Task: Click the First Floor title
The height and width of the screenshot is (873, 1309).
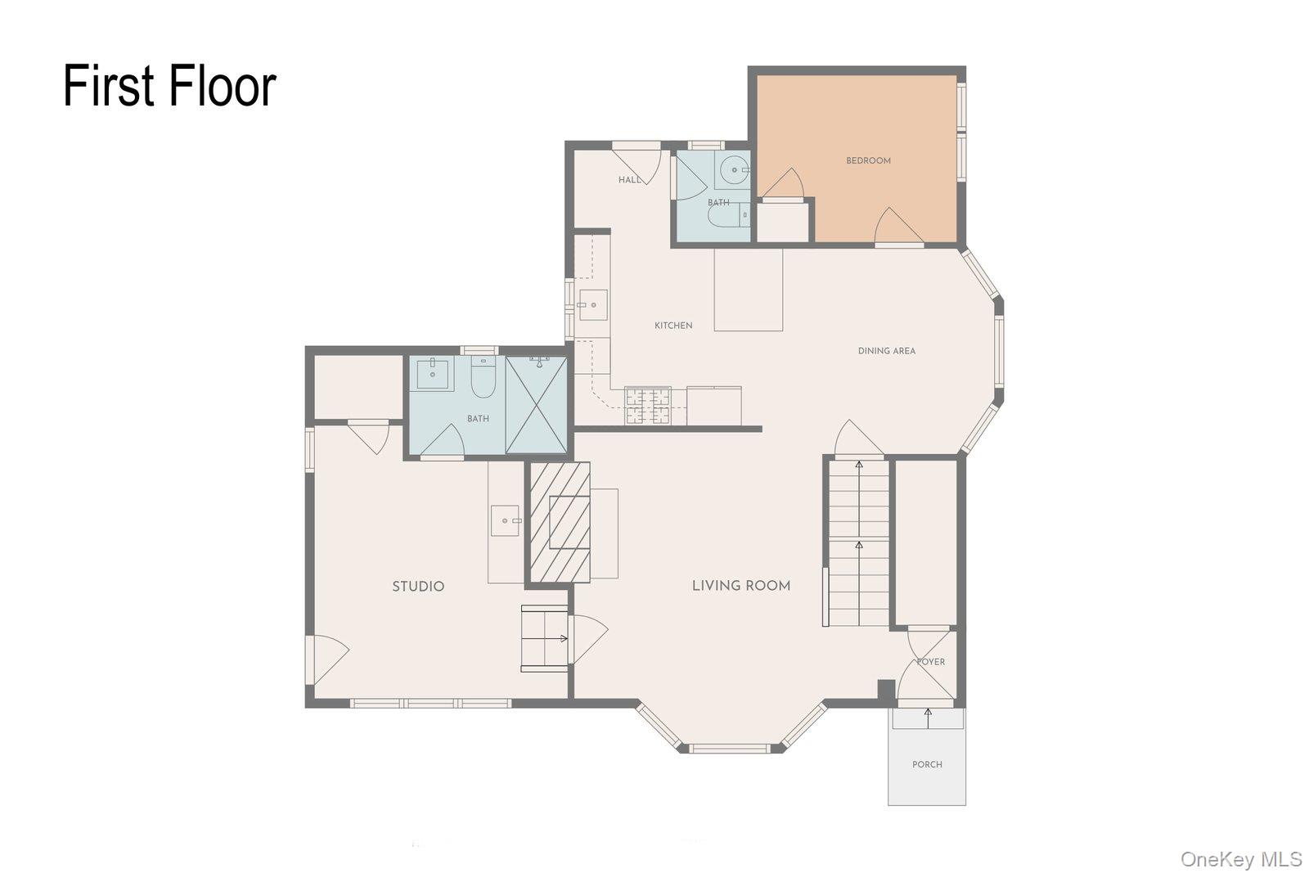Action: point(169,87)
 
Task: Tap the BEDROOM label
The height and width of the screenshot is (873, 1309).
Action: point(868,160)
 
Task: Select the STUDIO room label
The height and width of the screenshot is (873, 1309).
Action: point(418,587)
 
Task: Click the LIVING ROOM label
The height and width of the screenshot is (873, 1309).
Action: point(741,586)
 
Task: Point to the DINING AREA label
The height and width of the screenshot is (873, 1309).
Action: point(887,351)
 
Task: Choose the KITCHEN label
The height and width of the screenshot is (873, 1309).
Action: point(673,326)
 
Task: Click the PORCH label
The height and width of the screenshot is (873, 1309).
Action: point(928,764)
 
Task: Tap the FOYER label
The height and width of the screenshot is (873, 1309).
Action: point(931,662)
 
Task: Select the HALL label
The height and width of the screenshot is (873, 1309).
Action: point(630,180)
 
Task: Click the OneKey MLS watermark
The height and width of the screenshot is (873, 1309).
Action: point(1240,860)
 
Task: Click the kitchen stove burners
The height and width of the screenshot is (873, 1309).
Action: point(647,406)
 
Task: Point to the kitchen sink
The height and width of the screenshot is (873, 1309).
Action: point(592,305)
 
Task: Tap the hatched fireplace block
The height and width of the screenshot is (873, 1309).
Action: point(560,522)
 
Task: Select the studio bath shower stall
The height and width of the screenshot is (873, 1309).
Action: point(537,405)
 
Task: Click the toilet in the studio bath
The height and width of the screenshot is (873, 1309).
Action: point(484,377)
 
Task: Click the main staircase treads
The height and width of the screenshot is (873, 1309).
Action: point(859,542)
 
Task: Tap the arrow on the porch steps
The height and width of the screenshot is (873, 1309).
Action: point(928,718)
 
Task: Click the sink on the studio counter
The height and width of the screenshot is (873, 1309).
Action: point(505,520)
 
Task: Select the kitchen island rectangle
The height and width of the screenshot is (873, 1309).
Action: point(749,290)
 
